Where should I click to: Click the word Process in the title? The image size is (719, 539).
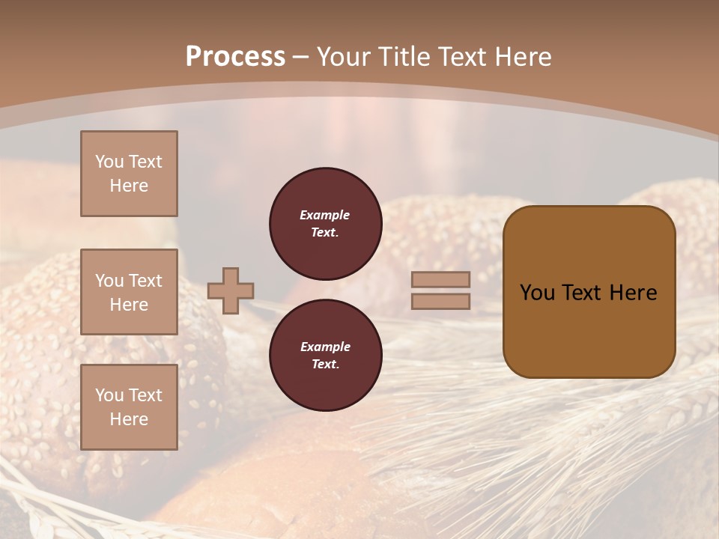235,57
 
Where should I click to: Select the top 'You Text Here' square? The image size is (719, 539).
129,174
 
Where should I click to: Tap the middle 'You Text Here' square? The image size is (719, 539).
129,292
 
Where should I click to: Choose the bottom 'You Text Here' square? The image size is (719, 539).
129,407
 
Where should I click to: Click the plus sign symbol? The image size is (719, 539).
231,290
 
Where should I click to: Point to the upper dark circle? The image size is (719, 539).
325,223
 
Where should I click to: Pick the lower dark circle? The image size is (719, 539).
325,355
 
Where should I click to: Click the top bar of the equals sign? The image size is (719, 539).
440,280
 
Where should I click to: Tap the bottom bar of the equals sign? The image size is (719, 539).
440,301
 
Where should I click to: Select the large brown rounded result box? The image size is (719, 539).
589,292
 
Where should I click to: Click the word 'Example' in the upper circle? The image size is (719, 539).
325,215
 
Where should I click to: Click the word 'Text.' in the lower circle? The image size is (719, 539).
325,364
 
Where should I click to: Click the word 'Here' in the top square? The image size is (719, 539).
129,186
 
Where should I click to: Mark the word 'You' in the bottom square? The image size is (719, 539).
109,395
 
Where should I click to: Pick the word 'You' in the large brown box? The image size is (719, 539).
537,293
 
